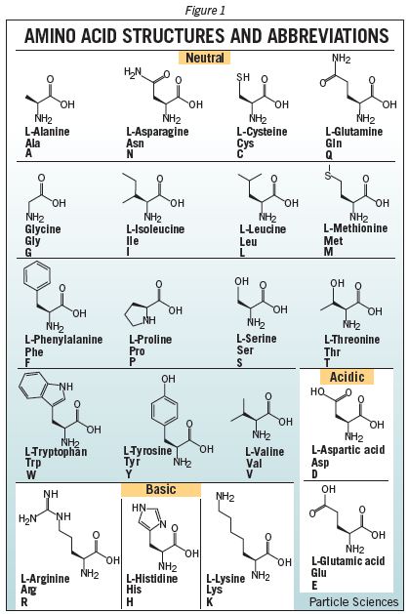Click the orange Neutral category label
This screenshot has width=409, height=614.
click(x=204, y=58)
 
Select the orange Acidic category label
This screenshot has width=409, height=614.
click(x=347, y=377)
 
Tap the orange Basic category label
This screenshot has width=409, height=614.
click(x=161, y=489)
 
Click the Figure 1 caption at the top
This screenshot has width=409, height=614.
click(x=205, y=10)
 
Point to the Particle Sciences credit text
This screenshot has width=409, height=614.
click(x=353, y=602)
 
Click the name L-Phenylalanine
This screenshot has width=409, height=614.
click(x=63, y=339)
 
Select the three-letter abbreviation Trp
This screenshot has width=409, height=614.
click(x=33, y=463)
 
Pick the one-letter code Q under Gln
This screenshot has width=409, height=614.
click(x=329, y=155)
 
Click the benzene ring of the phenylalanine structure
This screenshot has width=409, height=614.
click(x=37, y=277)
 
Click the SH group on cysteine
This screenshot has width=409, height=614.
click(x=243, y=77)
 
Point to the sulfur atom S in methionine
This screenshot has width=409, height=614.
click(x=328, y=176)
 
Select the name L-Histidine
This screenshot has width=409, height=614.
click(x=152, y=578)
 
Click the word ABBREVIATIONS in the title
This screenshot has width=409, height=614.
click(x=328, y=36)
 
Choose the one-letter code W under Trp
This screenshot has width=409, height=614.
click(x=31, y=475)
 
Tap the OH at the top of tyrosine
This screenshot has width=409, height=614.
click(x=168, y=379)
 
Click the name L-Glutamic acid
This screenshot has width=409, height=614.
click(x=348, y=560)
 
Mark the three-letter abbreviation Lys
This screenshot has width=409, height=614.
click(x=214, y=590)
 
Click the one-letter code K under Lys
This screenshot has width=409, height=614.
click(x=210, y=602)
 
